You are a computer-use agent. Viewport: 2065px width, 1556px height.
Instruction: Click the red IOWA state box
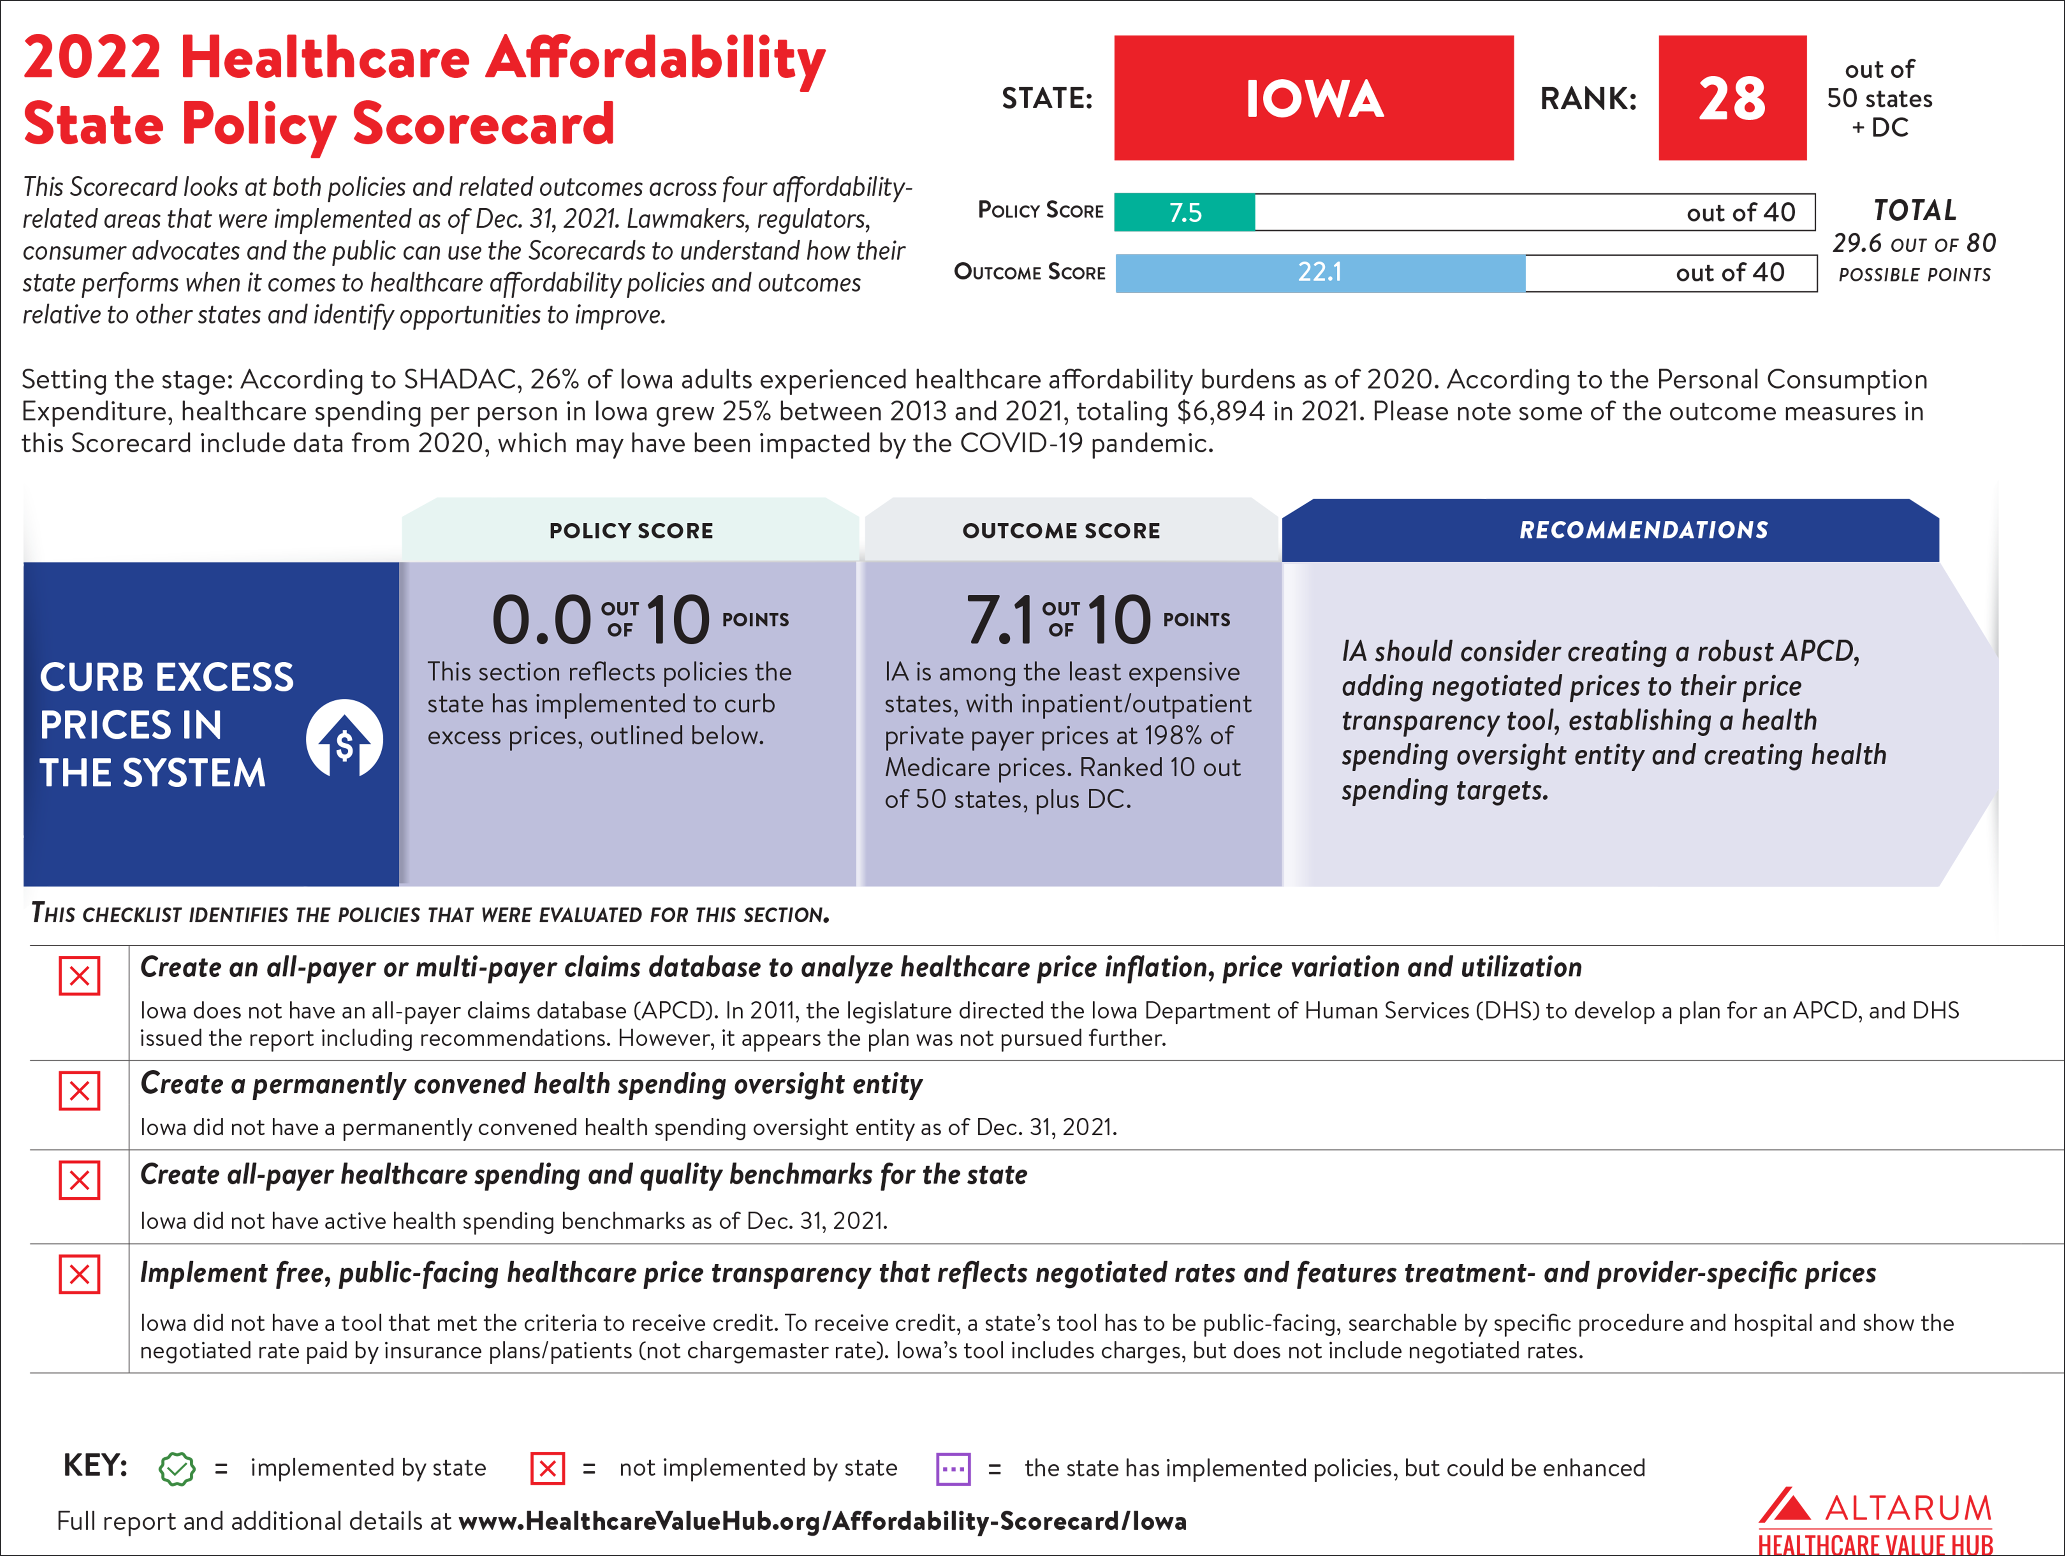coord(1314,98)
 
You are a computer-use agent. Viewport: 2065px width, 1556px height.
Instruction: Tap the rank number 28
coord(1732,98)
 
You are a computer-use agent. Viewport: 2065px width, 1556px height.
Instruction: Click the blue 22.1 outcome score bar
coord(1319,273)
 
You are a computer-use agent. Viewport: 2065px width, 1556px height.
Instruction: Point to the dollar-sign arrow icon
coord(345,739)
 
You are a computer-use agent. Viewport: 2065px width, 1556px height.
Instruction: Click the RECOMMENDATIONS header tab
coord(1643,530)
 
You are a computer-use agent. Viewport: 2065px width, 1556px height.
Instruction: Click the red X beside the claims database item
coord(79,976)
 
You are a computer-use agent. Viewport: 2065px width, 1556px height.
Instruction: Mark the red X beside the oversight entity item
coord(79,1090)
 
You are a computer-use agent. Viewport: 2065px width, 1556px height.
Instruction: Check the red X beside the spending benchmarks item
coord(79,1181)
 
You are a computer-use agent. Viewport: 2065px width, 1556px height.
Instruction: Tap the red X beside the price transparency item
coord(79,1274)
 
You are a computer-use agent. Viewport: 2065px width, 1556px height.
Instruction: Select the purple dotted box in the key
coord(953,1468)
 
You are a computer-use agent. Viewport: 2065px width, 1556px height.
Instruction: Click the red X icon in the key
coord(548,1468)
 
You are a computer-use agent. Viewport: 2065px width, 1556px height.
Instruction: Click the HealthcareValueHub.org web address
coord(822,1521)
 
